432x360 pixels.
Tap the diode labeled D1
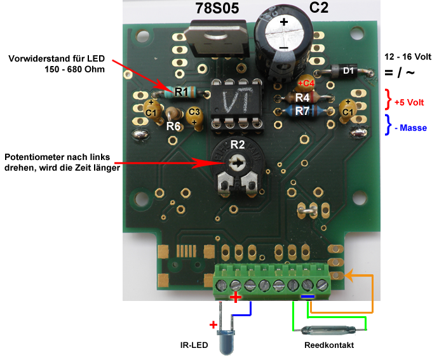tap(341, 70)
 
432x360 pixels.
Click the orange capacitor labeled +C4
tap(306, 83)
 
